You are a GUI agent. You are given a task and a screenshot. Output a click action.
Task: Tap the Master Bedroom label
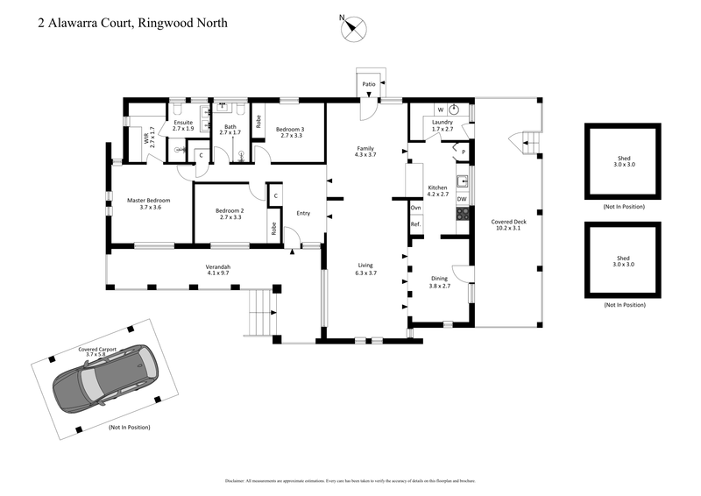pos(149,203)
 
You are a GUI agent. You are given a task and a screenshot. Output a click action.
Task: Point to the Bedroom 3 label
pos(291,131)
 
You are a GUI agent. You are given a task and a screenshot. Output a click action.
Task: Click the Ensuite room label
pos(183,125)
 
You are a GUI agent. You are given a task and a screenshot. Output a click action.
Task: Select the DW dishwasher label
pos(461,200)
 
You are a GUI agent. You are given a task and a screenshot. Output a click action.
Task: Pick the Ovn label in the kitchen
pos(415,208)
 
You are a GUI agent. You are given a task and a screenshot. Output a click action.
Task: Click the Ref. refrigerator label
pos(415,225)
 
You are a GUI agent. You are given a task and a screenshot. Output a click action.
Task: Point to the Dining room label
pos(439,282)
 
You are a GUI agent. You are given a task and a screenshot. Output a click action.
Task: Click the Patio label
pos(369,85)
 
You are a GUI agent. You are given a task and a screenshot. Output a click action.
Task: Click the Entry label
pos(303,213)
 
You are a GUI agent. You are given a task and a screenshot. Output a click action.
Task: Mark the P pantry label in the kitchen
pos(463,152)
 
